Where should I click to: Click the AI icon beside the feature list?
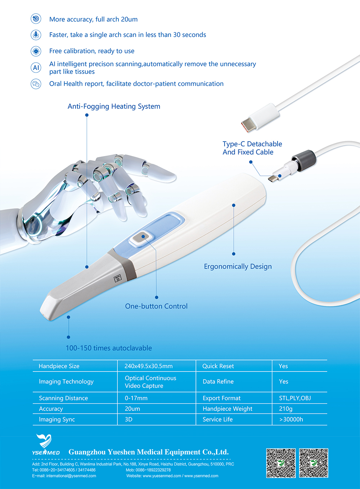click(x=36, y=67)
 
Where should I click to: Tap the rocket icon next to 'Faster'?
click(x=36, y=35)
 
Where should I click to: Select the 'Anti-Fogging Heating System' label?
click(x=114, y=106)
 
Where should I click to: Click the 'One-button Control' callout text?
click(x=156, y=306)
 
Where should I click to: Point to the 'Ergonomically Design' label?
click(x=238, y=267)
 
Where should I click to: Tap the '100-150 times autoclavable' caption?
click(x=109, y=348)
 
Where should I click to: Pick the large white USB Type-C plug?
click(x=260, y=117)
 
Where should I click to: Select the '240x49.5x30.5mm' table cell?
click(x=148, y=366)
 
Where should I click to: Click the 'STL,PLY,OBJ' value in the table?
click(x=295, y=398)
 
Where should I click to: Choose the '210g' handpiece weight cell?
click(x=285, y=409)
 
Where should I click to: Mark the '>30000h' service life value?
click(x=291, y=419)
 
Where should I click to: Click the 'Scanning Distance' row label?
click(x=63, y=398)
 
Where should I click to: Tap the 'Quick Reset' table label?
click(x=218, y=366)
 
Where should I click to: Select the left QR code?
click(x=281, y=463)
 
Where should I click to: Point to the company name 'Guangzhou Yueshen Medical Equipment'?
click(x=148, y=452)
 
